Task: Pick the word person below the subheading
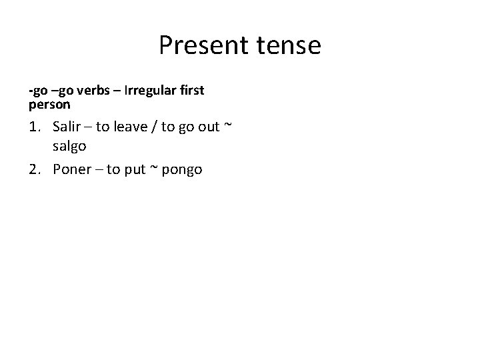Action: tap(50, 105)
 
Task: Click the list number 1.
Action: tap(35, 127)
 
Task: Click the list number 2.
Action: tap(35, 169)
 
